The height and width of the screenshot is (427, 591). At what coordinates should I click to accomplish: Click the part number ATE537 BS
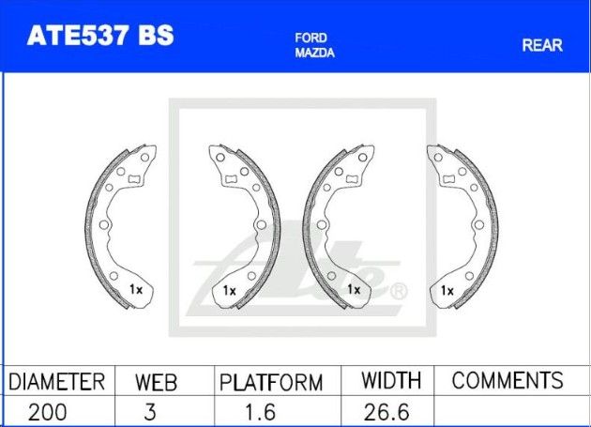click(x=100, y=36)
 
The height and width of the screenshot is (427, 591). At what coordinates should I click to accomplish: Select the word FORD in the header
click(x=311, y=38)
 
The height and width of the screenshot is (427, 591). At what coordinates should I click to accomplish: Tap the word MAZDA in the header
click(x=314, y=53)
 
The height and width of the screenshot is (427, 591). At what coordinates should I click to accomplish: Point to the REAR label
click(x=542, y=45)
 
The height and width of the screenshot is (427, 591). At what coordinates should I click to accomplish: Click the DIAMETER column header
click(x=56, y=381)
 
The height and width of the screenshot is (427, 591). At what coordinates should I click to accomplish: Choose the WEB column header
click(x=156, y=382)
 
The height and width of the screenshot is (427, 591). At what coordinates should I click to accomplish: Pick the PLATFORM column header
click(x=271, y=383)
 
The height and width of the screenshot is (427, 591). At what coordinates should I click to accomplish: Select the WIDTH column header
click(x=391, y=380)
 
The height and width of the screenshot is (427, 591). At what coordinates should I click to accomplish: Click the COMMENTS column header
click(x=508, y=380)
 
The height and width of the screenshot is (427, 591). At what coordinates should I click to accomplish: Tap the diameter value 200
click(x=48, y=412)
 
